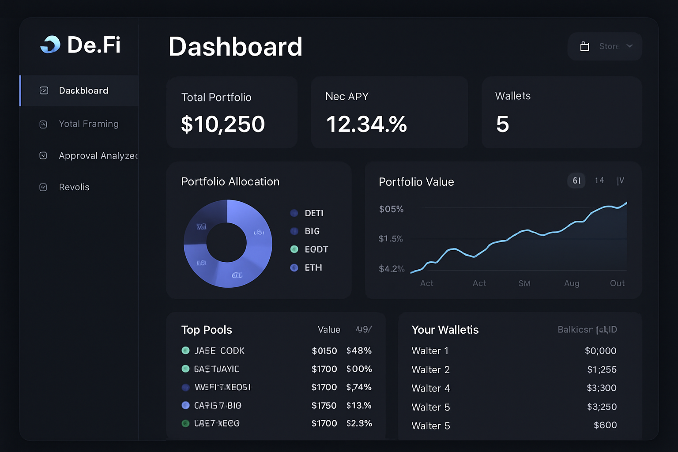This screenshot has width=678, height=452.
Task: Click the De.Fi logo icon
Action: (50, 45)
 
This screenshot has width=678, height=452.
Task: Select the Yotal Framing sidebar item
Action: (88, 124)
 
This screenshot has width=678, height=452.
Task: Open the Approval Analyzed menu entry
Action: (98, 156)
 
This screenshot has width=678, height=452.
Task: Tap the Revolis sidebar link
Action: (74, 187)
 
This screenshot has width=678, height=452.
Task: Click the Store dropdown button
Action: (605, 46)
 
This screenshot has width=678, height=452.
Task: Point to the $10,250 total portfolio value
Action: (223, 124)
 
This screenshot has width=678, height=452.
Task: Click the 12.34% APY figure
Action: (366, 124)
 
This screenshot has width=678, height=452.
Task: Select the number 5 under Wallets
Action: (502, 124)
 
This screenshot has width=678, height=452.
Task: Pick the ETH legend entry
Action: (313, 267)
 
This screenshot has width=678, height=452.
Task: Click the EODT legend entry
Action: (316, 249)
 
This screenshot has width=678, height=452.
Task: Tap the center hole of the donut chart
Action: (226, 243)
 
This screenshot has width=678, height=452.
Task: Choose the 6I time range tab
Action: (576, 181)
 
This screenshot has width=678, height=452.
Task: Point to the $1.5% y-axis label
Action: (391, 239)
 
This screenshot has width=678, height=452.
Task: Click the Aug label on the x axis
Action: (572, 283)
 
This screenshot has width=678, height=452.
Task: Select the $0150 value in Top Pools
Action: (324, 351)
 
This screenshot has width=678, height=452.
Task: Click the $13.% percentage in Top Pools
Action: (359, 406)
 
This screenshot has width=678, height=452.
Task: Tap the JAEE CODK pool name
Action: (219, 351)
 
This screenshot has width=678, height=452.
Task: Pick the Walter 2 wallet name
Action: (430, 370)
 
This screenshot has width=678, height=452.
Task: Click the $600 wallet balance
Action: (605, 425)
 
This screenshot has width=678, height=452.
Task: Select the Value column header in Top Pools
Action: (329, 330)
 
